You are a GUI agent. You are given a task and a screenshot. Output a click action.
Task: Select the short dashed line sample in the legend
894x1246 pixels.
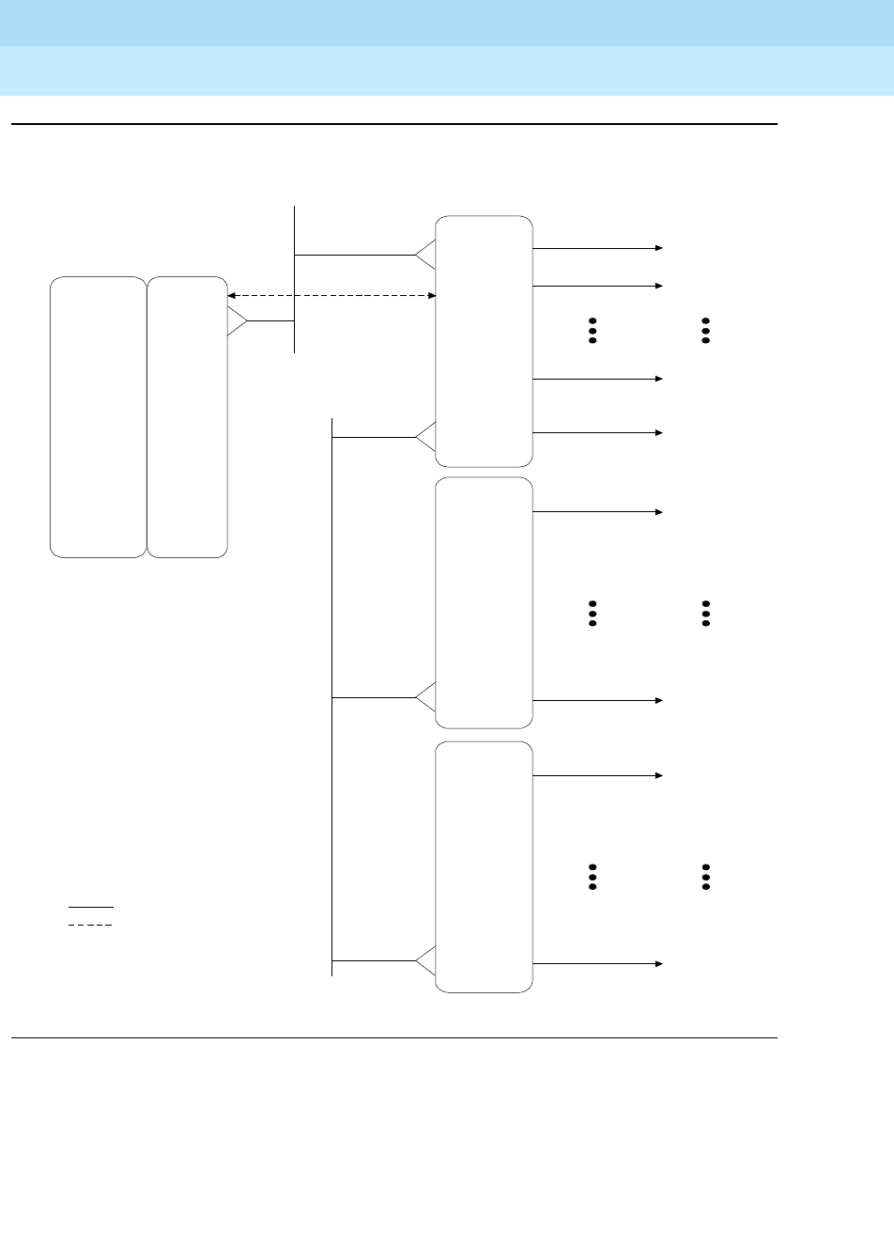[x=90, y=926]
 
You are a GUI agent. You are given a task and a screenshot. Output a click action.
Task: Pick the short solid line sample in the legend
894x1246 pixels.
[x=90, y=907]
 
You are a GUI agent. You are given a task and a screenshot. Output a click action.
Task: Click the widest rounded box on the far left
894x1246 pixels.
[x=99, y=416]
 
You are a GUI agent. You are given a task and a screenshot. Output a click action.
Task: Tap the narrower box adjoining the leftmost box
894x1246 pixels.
[x=188, y=416]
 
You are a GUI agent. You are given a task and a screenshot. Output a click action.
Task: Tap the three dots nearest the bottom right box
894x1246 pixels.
[x=593, y=877]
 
